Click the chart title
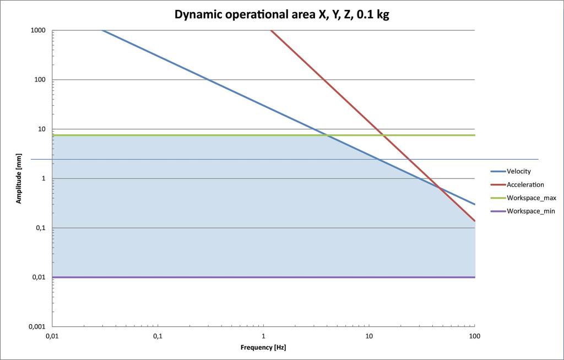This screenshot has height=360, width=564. tap(281, 15)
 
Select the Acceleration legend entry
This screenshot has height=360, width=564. tap(517, 185)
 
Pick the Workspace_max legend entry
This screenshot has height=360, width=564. tap(523, 198)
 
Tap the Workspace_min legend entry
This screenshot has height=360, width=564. tap(523, 211)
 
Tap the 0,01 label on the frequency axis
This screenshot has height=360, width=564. tap(52, 336)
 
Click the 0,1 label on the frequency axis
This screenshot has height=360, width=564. tap(158, 336)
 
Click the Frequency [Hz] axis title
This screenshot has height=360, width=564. tap(263, 347)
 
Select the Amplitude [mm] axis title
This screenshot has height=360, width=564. tap(19, 178)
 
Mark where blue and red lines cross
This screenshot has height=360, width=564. tap(439, 187)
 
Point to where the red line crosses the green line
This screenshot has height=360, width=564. tap(383, 135)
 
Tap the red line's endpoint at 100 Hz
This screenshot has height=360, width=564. tap(475, 221)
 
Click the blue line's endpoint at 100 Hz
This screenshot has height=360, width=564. tap(475, 204)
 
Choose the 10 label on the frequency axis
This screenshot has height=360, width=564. tap(369, 336)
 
